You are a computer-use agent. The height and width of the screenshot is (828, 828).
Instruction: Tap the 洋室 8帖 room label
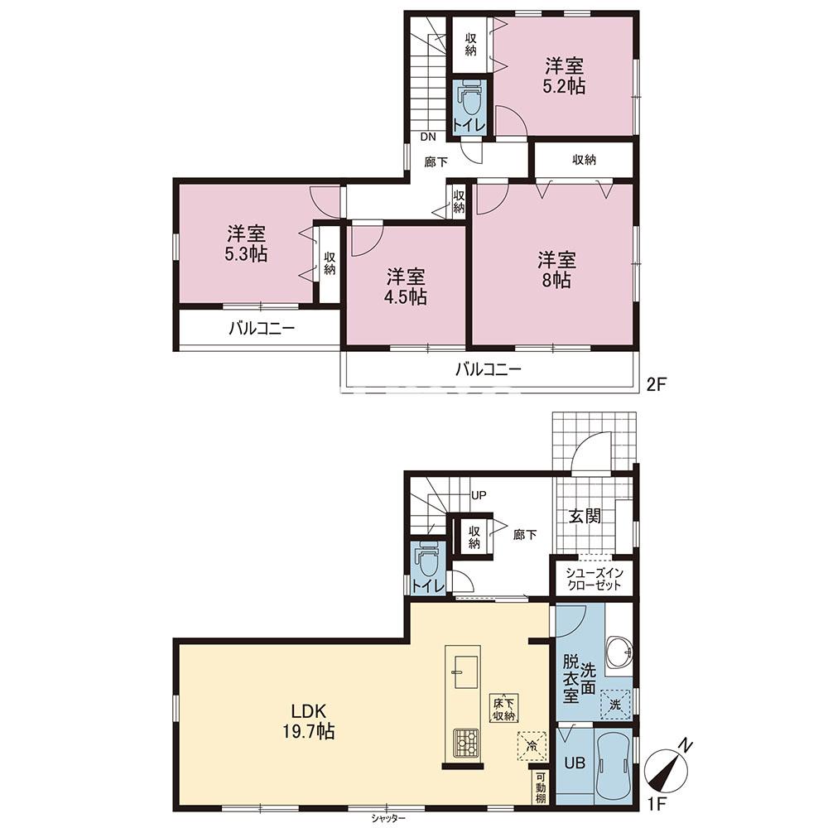(556, 270)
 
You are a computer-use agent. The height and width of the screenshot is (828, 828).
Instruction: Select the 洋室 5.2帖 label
(565, 76)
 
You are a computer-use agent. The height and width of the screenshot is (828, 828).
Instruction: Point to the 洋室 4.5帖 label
(406, 286)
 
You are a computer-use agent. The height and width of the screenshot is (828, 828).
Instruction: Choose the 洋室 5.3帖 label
(246, 243)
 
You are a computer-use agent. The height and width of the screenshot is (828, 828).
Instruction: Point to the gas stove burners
(466, 744)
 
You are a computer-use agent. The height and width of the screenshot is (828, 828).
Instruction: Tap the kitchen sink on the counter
(466, 672)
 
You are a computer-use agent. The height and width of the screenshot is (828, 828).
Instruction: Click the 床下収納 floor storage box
(504, 709)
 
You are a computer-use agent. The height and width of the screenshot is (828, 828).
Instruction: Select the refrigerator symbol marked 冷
(532, 746)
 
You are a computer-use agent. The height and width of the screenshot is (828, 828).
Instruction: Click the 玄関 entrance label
(585, 516)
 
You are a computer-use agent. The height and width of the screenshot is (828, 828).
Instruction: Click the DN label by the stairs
(428, 137)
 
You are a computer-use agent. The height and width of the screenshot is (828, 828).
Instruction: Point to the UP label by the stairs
(479, 495)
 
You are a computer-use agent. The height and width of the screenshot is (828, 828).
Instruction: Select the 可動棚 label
(542, 788)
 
